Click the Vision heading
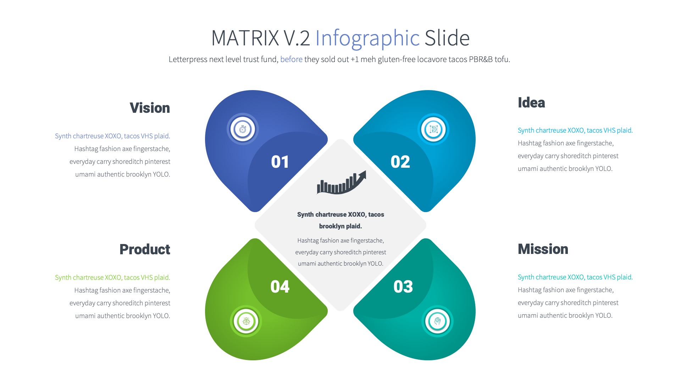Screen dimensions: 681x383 (150, 108)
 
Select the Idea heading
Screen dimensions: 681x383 (531, 103)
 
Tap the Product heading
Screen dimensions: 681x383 (145, 250)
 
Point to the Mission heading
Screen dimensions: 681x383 (543, 249)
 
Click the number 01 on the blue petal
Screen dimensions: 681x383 (280, 162)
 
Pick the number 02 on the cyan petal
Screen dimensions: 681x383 (400, 162)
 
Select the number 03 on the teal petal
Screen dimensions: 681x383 (403, 287)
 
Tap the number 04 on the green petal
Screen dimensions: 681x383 (280, 287)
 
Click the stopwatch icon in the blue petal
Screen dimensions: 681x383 (243, 129)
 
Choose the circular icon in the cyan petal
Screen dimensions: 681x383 (433, 129)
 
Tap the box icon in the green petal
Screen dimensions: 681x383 (246, 321)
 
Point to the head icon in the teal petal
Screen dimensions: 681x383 (437, 321)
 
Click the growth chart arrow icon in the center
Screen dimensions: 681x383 (341, 183)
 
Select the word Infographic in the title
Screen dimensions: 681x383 (367, 38)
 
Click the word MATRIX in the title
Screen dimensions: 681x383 (245, 38)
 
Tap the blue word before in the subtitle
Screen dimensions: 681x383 (291, 60)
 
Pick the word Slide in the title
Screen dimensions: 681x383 (447, 38)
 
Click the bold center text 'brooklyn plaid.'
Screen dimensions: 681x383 (340, 226)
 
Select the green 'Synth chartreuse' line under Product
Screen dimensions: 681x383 (112, 278)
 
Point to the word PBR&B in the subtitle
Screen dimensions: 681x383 (481, 60)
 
